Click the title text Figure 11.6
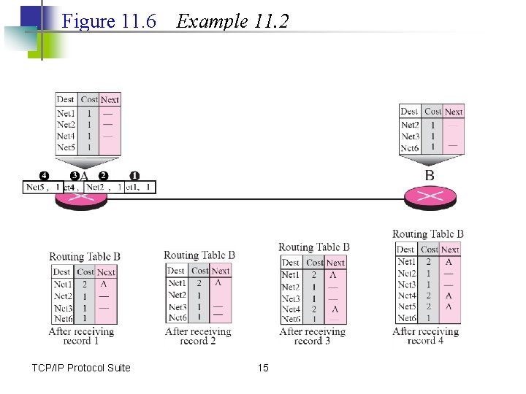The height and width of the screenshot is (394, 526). (x=110, y=21)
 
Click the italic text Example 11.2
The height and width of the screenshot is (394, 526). (x=233, y=21)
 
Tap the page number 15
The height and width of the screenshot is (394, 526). (x=263, y=368)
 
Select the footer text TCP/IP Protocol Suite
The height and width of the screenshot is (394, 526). (x=81, y=368)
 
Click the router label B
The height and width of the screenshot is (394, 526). (x=430, y=176)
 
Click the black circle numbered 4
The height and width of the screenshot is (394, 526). (x=44, y=176)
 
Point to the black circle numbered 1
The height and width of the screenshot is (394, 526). (x=134, y=176)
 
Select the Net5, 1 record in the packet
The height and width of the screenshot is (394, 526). (x=43, y=188)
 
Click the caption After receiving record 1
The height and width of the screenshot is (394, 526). (x=81, y=336)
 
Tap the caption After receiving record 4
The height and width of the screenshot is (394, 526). (x=426, y=336)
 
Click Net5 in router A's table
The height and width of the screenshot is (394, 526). (x=66, y=147)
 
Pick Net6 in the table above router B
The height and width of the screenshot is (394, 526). (x=410, y=148)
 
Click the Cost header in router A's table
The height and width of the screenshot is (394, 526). (x=89, y=99)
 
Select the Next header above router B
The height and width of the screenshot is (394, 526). (x=454, y=112)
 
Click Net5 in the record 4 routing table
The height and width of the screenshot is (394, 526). (x=407, y=307)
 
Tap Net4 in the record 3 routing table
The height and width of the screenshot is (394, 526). (x=291, y=309)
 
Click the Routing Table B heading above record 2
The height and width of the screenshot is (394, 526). (x=199, y=255)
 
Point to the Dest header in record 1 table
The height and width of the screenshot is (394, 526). (x=61, y=272)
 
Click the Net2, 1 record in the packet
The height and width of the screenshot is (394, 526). (x=103, y=188)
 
